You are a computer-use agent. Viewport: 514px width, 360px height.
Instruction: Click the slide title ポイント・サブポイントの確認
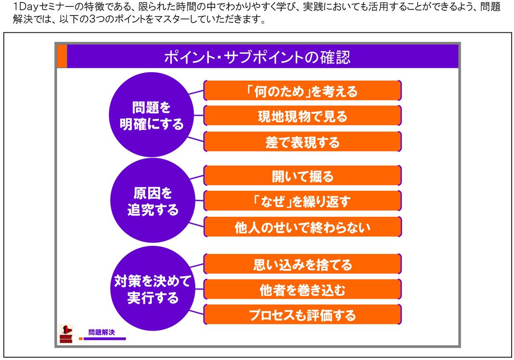(257, 57)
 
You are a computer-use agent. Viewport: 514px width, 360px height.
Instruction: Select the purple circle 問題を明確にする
(151, 115)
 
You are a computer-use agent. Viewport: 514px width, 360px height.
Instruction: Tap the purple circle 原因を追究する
(153, 200)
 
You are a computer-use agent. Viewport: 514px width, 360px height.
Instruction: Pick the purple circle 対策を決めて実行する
(153, 289)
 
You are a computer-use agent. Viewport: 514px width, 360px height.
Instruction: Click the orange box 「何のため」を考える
(302, 91)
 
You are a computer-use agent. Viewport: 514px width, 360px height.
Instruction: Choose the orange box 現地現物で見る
(302, 116)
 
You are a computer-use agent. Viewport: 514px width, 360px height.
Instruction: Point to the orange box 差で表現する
(302, 142)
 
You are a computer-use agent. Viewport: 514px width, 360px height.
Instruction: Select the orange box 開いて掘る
(302, 176)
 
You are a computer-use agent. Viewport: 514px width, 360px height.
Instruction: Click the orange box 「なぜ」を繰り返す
(302, 201)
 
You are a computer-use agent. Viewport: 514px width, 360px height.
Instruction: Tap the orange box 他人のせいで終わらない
(302, 227)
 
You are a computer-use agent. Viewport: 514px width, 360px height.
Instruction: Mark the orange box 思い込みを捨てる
(302, 264)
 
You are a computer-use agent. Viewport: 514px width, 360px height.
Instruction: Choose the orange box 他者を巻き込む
(302, 289)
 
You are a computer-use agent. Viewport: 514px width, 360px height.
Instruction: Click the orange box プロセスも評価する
(302, 315)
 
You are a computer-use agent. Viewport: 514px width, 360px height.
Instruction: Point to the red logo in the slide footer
(66, 334)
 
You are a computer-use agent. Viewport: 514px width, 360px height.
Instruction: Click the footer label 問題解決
(102, 332)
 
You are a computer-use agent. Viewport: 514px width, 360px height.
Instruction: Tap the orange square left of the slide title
(62, 56)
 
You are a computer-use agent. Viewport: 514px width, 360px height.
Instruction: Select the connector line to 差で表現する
(196, 138)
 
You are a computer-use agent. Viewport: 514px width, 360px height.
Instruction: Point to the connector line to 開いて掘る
(197, 177)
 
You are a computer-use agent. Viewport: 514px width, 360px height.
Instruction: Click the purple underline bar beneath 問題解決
(105, 339)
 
